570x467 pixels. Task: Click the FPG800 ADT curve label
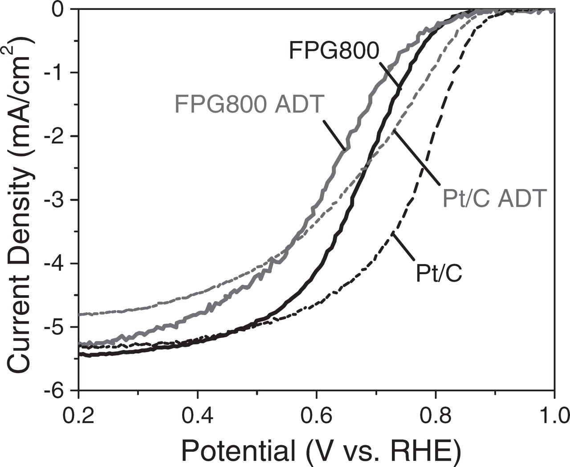[249, 105]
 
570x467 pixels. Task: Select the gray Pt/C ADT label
[494, 198]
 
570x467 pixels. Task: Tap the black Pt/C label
[439, 273]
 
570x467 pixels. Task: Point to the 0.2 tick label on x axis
[78, 416]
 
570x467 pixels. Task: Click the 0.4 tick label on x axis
[197, 416]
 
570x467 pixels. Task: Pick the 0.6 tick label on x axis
[316, 416]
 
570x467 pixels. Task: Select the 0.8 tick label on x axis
[435, 416]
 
